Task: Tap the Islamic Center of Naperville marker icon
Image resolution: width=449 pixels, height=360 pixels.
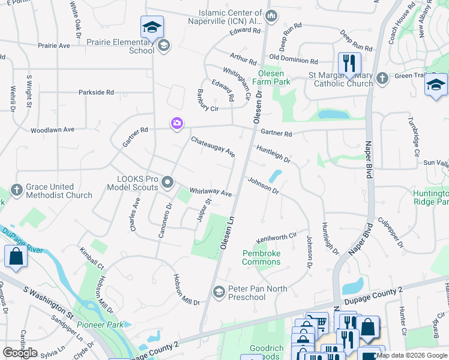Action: click(x=271, y=15)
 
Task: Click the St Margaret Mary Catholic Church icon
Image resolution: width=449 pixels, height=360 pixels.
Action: click(x=381, y=77)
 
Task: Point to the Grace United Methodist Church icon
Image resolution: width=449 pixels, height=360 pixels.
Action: click(x=17, y=191)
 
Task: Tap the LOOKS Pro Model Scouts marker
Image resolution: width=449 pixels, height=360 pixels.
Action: click(x=167, y=182)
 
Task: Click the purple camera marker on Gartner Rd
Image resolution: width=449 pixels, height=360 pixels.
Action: click(x=176, y=124)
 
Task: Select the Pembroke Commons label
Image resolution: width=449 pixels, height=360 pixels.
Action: click(x=261, y=257)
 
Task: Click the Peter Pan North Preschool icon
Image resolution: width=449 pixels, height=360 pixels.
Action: click(x=219, y=292)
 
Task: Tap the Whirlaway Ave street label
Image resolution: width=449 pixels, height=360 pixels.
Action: click(x=211, y=192)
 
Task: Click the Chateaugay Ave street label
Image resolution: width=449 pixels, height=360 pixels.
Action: click(x=213, y=147)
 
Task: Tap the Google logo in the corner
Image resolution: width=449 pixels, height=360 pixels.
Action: click(x=20, y=352)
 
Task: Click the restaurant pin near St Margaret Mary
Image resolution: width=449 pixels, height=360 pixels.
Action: click(x=349, y=64)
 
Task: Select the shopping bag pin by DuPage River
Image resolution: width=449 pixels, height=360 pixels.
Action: click(x=16, y=256)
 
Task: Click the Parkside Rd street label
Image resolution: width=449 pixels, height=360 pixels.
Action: click(x=96, y=92)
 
